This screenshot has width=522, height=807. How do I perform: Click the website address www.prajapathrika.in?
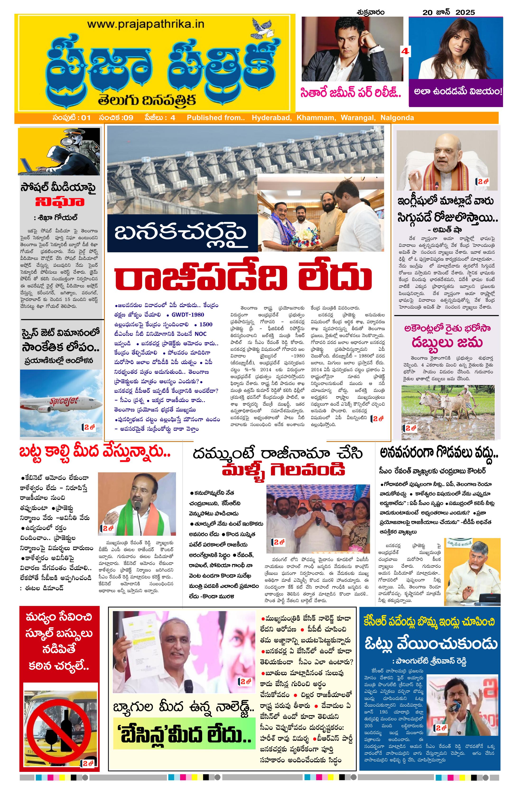(x=145, y=24)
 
